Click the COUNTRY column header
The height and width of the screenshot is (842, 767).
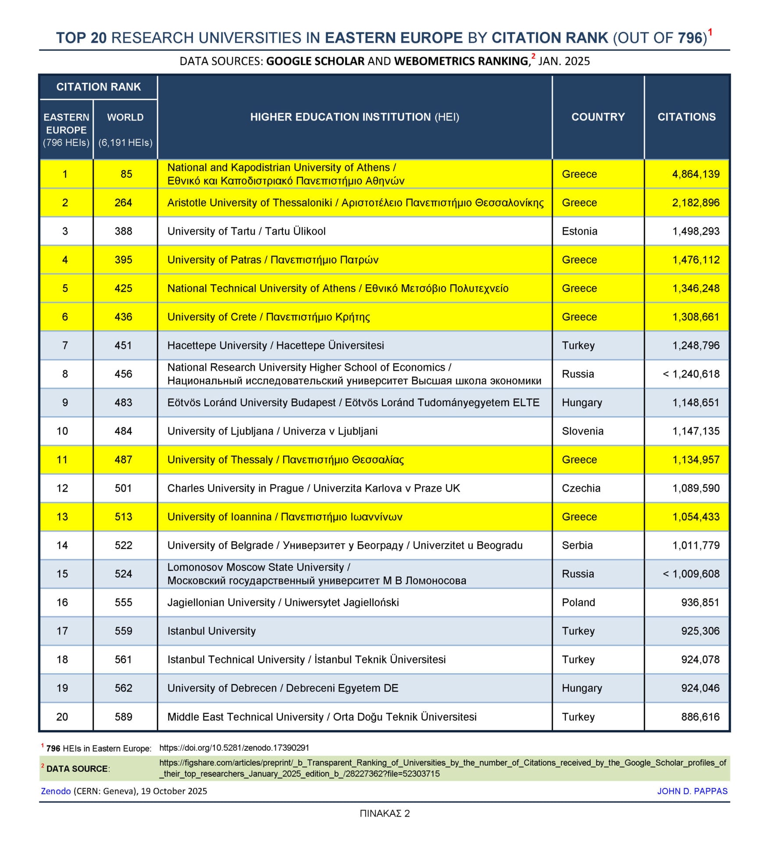(598, 117)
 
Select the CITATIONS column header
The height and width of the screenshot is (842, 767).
(686, 117)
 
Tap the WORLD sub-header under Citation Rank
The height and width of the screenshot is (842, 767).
(125, 118)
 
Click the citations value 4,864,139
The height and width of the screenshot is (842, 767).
(696, 174)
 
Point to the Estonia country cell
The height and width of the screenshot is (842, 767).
(579, 231)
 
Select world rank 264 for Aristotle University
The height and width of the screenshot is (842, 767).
(123, 203)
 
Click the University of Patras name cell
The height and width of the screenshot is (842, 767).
(272, 260)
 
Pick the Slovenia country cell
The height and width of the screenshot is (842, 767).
(582, 431)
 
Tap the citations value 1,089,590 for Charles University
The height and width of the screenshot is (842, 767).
(696, 488)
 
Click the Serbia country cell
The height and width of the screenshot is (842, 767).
(577, 545)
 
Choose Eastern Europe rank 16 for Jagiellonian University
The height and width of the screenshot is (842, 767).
(62, 602)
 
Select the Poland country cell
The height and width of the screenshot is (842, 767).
(578, 602)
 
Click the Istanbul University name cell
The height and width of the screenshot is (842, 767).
(211, 631)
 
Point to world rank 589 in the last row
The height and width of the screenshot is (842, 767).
(123, 717)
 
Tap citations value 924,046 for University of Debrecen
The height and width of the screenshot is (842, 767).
(700, 688)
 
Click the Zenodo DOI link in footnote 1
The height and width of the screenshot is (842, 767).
(234, 748)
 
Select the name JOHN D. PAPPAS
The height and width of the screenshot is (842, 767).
(692, 791)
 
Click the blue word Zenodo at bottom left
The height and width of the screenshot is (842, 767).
(56, 791)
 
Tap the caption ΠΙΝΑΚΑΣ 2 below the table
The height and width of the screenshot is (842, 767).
(385, 813)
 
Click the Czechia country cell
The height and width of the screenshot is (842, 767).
(581, 488)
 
